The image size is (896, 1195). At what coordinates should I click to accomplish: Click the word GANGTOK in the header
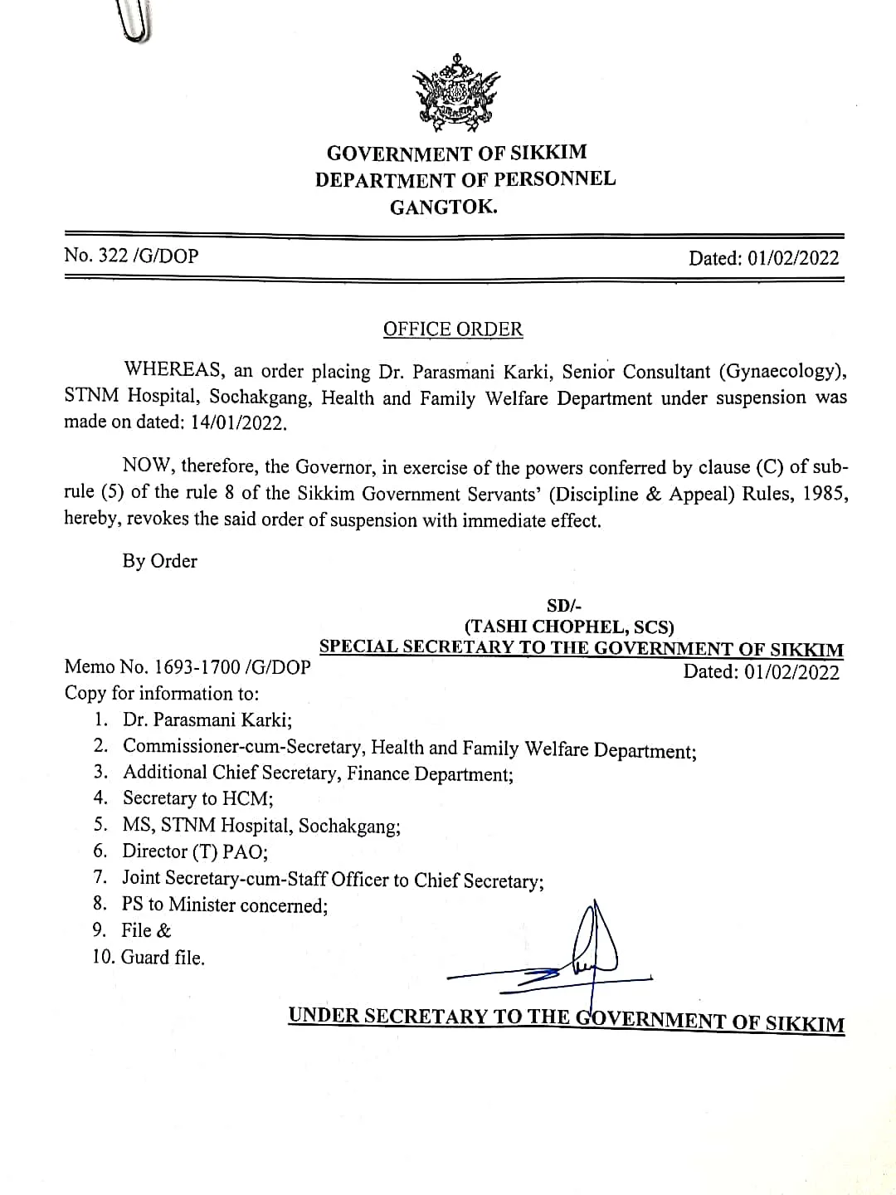pos(444,207)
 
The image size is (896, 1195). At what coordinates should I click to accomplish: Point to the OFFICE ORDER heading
pos(453,329)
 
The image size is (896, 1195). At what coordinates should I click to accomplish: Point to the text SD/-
pos(570,607)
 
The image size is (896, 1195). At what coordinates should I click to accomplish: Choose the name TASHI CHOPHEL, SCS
pos(569,627)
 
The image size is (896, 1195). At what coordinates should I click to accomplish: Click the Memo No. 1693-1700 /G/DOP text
pos(187,666)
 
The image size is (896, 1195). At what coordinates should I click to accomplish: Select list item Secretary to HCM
pos(198,798)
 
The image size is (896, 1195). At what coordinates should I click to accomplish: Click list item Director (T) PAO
pos(195,851)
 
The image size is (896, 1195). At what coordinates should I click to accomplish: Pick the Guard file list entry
pos(163,958)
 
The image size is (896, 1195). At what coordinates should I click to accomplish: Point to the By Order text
pos(160,561)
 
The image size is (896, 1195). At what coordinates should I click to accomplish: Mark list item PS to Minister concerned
pos(225,905)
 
